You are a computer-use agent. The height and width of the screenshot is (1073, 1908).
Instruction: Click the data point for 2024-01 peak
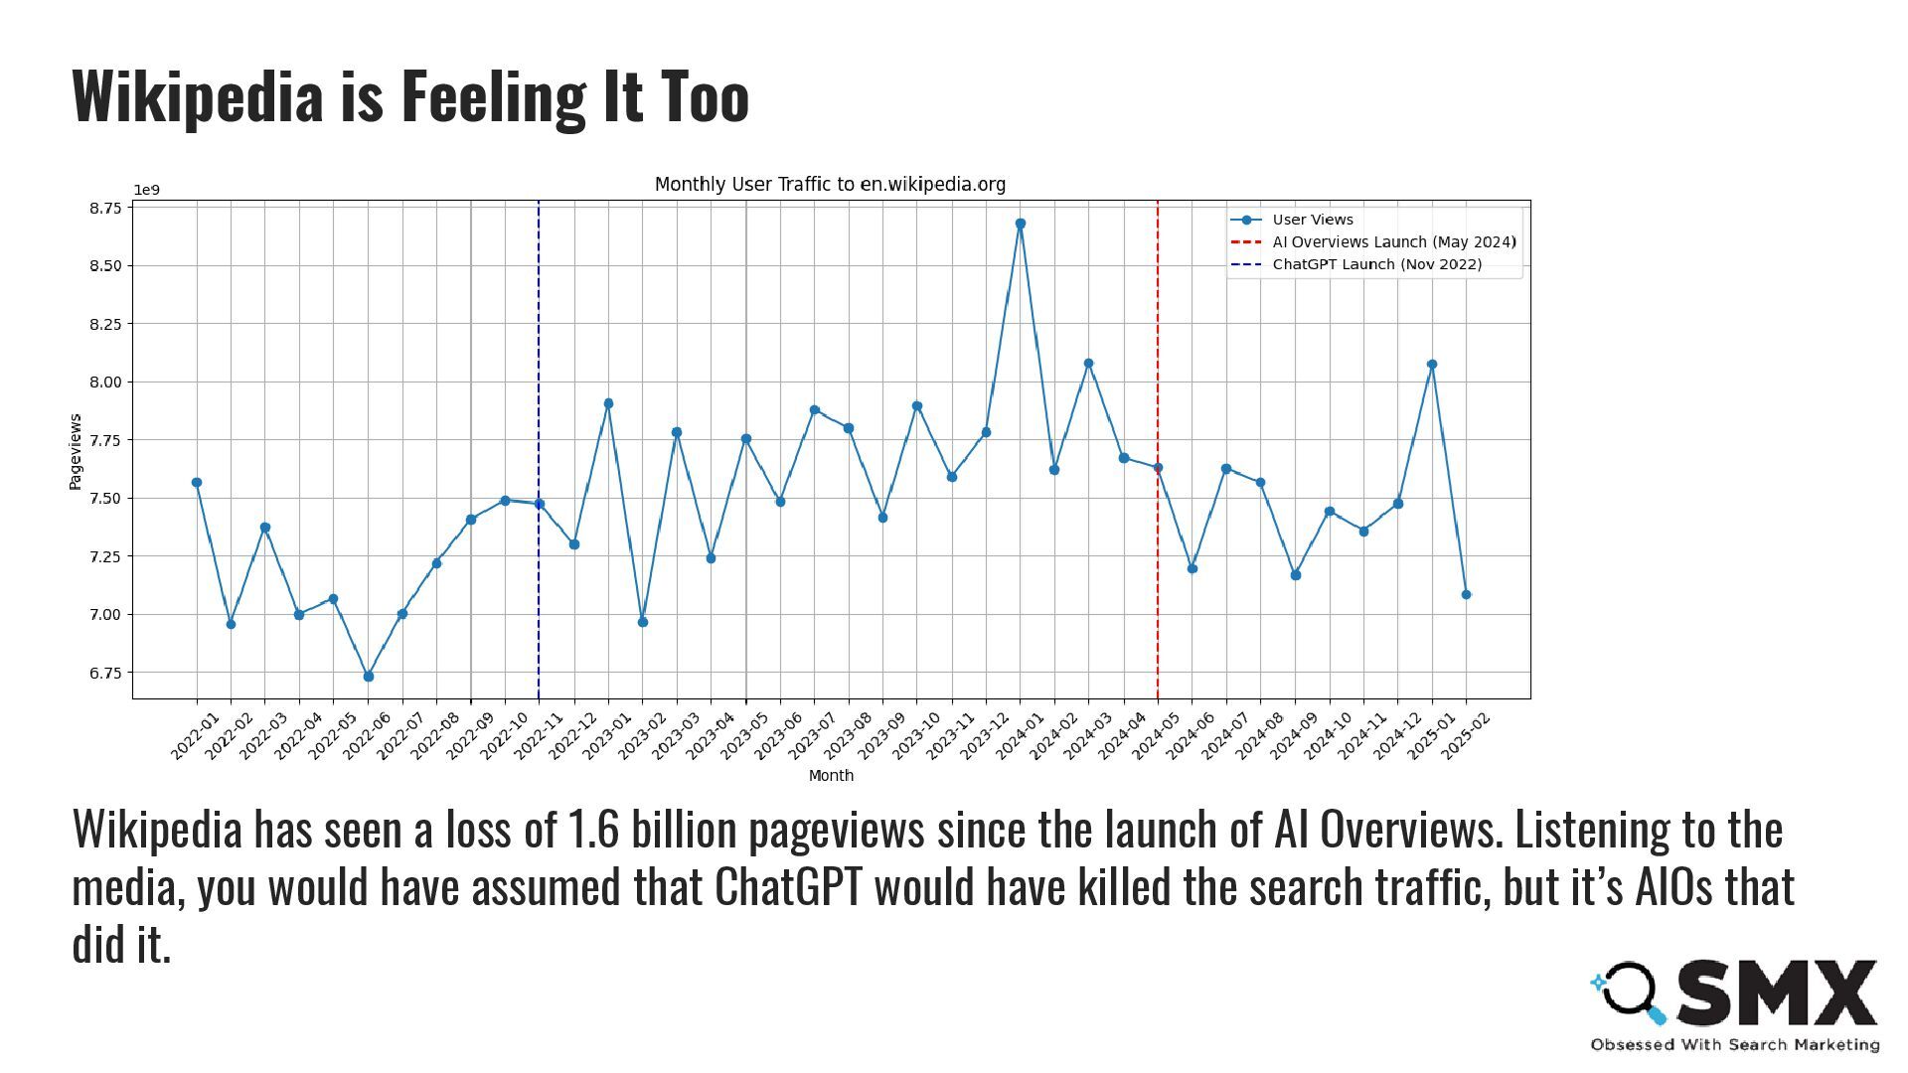tap(1021, 224)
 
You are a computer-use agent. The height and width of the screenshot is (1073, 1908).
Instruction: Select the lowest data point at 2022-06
tap(369, 677)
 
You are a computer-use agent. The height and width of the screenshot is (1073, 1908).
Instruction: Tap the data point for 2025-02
tap(1466, 594)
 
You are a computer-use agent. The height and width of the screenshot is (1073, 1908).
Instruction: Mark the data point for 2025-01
tap(1432, 365)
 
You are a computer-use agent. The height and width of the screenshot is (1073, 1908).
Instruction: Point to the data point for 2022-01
tap(197, 483)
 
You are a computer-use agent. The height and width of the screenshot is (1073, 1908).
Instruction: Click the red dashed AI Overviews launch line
tap(1158, 576)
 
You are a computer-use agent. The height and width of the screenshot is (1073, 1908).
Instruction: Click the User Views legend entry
tap(1312, 220)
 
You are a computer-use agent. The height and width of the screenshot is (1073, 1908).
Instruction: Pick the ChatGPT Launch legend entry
tap(1376, 264)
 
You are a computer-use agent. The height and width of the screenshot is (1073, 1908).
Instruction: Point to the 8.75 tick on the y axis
tap(105, 208)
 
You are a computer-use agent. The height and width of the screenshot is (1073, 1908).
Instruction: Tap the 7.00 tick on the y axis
tap(105, 614)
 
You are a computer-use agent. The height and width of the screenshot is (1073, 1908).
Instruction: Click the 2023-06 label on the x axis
tap(778, 736)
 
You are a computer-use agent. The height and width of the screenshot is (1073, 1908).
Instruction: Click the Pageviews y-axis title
tap(76, 452)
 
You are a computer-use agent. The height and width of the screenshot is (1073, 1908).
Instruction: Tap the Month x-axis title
tap(831, 776)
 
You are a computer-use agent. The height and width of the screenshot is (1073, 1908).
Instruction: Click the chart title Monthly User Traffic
tap(830, 184)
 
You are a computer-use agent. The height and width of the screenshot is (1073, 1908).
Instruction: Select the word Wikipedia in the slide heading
tap(198, 96)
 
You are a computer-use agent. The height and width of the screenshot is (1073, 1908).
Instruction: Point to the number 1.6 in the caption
tap(593, 830)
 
